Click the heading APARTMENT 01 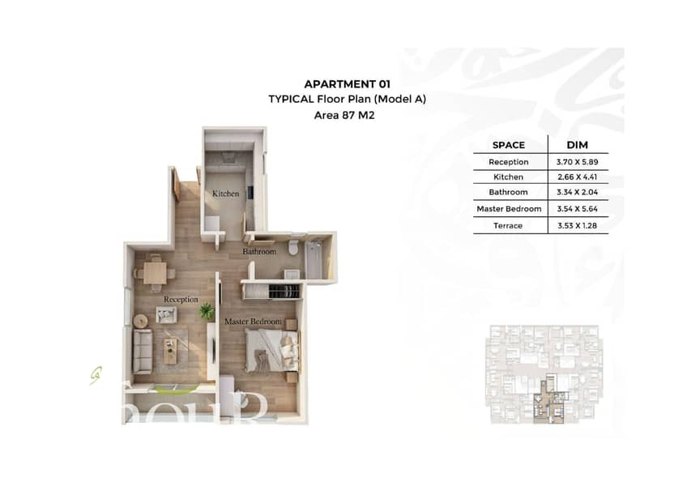(347, 84)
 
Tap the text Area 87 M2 (344, 115)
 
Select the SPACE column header (508, 145)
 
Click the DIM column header (577, 145)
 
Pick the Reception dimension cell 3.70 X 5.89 (577, 162)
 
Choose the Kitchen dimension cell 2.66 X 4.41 (577, 177)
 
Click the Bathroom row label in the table (508, 192)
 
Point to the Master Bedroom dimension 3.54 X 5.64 (577, 209)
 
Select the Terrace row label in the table (508, 226)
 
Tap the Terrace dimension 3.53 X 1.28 (577, 226)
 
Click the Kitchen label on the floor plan (226, 194)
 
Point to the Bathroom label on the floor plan (259, 252)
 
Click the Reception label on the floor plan (181, 300)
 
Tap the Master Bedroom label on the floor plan (253, 322)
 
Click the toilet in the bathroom (293, 247)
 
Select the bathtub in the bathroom (314, 259)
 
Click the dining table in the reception (155, 273)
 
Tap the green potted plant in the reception (207, 311)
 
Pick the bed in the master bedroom (272, 351)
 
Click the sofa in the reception (143, 351)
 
